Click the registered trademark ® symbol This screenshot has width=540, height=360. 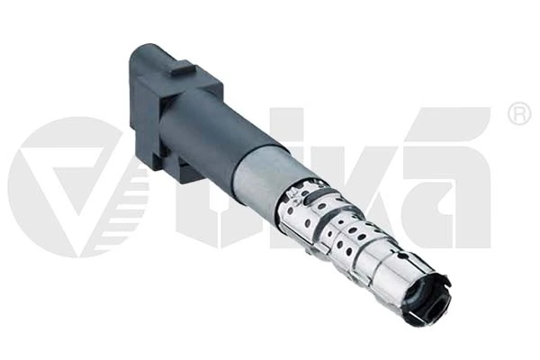coord(519,113)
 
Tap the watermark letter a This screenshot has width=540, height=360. coord(446,179)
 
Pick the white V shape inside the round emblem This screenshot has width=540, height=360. coord(70,179)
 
